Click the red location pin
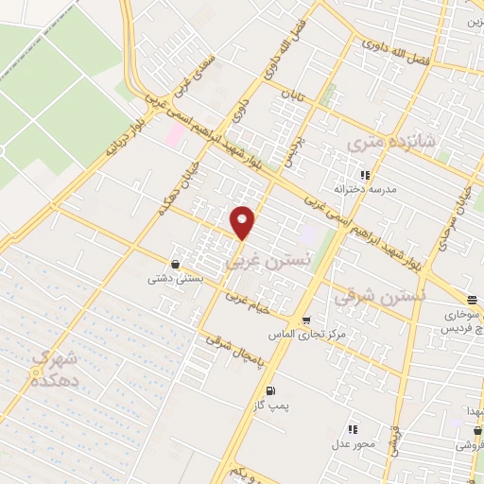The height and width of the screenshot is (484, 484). (243, 221)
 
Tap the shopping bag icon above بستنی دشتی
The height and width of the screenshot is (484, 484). (175, 265)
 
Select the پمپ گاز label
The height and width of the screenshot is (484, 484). (271, 405)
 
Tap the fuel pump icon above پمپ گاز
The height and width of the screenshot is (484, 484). (272, 389)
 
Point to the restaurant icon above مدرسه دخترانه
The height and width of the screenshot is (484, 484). (365, 175)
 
